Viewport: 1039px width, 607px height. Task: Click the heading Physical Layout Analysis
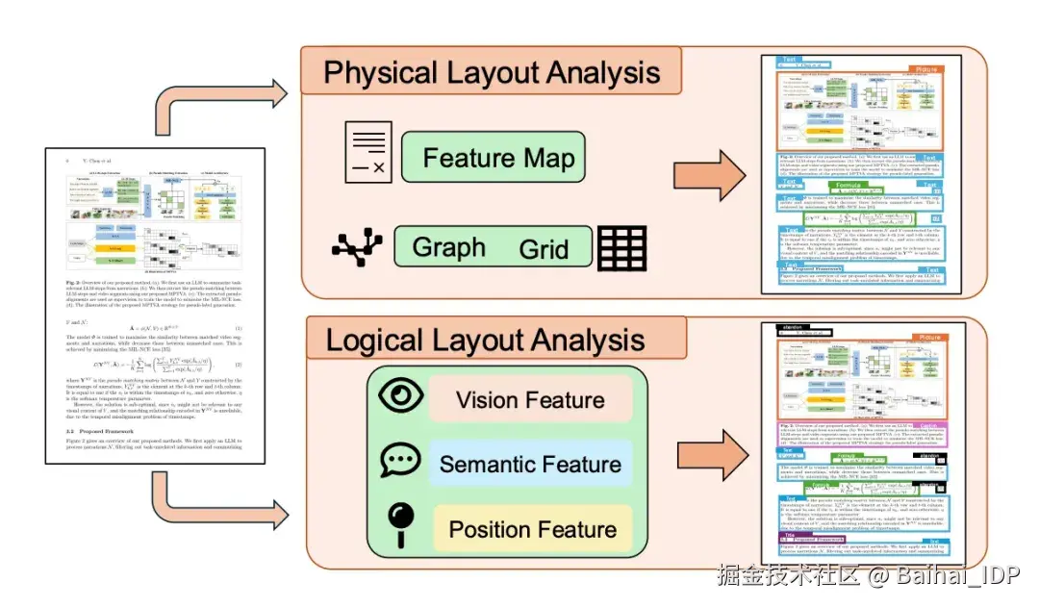point(492,73)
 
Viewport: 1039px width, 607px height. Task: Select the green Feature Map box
point(492,159)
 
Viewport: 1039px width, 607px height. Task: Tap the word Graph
point(448,247)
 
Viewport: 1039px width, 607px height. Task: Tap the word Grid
point(544,249)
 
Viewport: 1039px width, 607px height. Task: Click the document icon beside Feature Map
point(368,154)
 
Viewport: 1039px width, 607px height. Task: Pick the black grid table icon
point(621,248)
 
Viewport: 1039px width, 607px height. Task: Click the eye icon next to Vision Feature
point(396,397)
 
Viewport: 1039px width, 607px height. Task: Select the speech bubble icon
point(396,461)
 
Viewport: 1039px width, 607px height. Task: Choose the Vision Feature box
point(529,399)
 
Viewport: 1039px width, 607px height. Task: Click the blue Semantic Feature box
point(529,465)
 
